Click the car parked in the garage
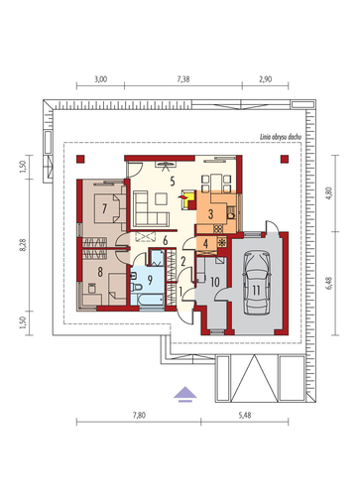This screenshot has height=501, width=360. tap(257, 283)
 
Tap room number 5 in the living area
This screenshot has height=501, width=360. tap(173, 182)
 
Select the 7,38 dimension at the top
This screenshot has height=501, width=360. tap(183, 79)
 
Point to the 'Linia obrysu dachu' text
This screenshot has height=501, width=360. tap(281, 137)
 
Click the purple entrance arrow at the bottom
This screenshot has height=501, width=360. tap(185, 394)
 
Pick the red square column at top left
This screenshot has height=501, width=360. tap(80, 159)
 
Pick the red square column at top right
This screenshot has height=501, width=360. tap(285, 159)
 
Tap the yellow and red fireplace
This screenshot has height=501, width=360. tap(188, 199)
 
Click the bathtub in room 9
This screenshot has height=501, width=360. tap(151, 301)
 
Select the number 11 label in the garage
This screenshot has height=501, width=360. tap(256, 291)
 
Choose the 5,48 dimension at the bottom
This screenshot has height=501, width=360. tap(245, 416)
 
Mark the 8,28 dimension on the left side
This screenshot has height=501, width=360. tap(23, 245)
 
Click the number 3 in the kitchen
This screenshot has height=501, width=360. tap(210, 214)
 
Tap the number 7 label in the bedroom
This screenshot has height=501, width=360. tap(104, 208)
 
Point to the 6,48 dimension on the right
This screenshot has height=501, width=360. tap(329, 283)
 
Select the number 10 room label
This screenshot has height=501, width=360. tap(215, 282)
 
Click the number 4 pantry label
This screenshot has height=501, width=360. tap(205, 244)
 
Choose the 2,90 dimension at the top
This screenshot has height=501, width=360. tap(266, 79)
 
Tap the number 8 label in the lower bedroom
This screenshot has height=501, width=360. tap(100, 272)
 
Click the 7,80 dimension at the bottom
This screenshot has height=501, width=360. tap(139, 416)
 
